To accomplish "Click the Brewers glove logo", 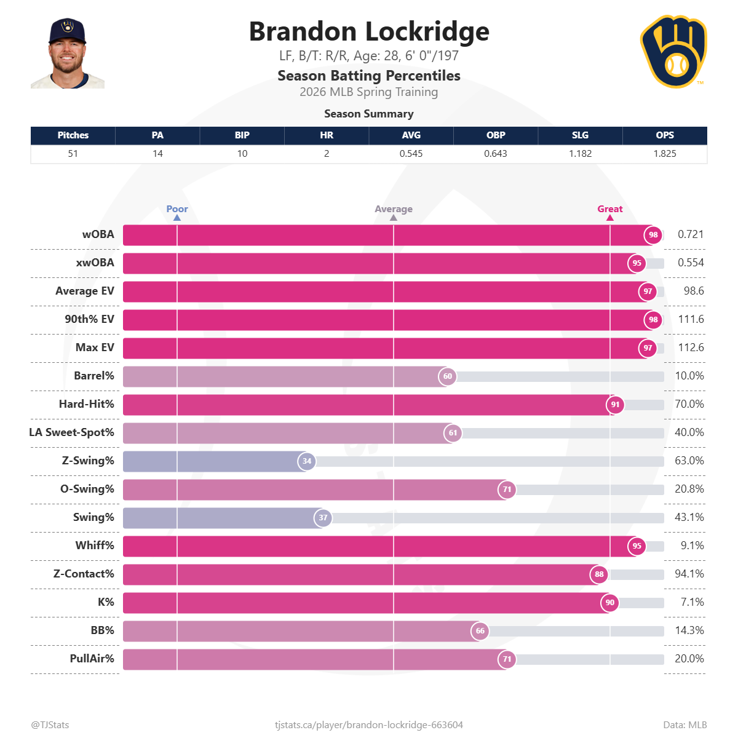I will coord(673,52).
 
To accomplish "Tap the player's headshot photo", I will coord(68,54).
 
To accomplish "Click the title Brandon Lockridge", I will coord(369,31).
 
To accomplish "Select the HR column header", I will coord(327,135).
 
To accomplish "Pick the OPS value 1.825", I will coord(664,154).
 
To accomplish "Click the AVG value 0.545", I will coord(411,154).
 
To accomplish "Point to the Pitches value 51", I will coord(73,154).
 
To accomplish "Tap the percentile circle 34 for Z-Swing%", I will coord(307,461).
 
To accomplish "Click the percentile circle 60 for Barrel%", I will coord(448,376).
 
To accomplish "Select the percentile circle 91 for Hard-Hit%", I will coord(615,405).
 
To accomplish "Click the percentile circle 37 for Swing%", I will coord(323,518).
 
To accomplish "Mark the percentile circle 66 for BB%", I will coord(480,631).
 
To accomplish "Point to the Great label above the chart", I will coord(609,209).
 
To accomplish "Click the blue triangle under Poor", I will coord(177,218).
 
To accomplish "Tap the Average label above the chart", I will coord(394,209).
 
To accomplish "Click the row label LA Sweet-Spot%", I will coord(72,432).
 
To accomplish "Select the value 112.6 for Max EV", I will coord(691,347).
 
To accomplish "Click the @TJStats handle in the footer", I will coord(50,725).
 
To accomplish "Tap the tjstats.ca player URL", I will coord(369,725).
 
